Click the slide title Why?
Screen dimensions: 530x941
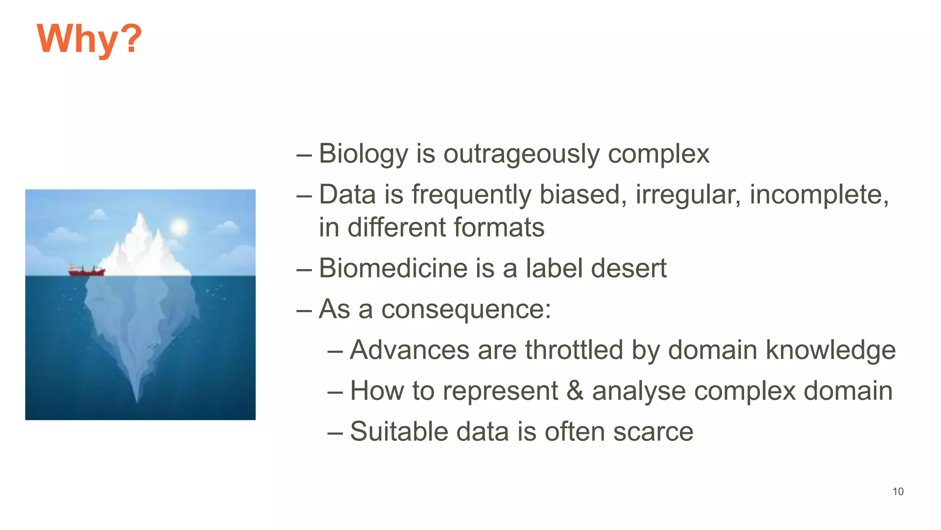point(89,40)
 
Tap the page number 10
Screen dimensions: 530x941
point(898,491)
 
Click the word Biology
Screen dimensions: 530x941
point(363,154)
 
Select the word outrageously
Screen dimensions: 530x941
point(521,154)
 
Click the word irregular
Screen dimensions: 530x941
point(688,194)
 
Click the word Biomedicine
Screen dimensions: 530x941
point(393,268)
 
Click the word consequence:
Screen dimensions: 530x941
point(466,309)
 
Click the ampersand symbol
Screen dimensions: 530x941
point(575,391)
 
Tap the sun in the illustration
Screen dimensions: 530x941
point(179,227)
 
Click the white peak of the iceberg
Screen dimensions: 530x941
point(140,221)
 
